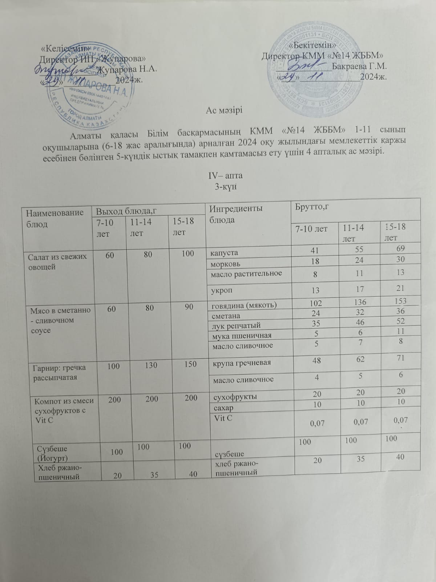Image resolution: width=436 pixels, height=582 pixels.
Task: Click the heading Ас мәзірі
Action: pyautogui.click(x=224, y=110)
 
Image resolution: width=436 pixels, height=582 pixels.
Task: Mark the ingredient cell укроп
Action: pyautogui.click(x=223, y=291)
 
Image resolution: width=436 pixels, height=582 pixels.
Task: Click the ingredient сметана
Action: pyautogui.click(x=226, y=315)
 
